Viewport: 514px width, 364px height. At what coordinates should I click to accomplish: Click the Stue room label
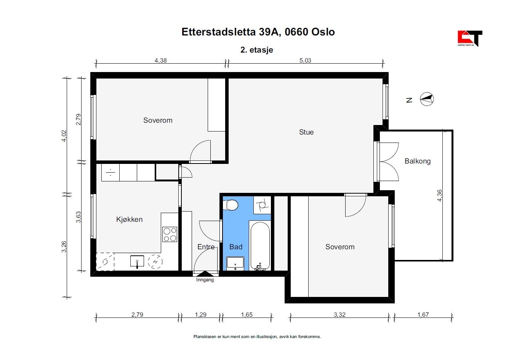pyautogui.click(x=306, y=132)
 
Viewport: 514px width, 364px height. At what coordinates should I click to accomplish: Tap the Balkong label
pyautogui.click(x=417, y=161)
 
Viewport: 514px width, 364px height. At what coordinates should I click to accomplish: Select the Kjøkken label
pyautogui.click(x=129, y=219)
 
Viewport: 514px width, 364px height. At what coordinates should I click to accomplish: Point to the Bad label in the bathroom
pyautogui.click(x=236, y=247)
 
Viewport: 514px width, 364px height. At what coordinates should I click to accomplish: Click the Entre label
pyautogui.click(x=206, y=247)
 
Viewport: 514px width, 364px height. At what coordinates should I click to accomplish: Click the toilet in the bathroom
pyautogui.click(x=231, y=205)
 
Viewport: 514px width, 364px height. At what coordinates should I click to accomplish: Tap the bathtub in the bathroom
pyautogui.click(x=260, y=245)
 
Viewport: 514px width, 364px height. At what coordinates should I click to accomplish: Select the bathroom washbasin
pyautogui.click(x=235, y=263)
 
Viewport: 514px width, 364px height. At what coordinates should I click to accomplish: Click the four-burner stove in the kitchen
pyautogui.click(x=170, y=234)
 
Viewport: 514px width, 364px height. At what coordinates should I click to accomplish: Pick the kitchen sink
pyautogui.click(x=137, y=261)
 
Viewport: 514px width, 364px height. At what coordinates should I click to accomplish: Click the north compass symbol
pyautogui.click(x=427, y=99)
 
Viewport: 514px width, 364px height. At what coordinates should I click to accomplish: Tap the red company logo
pyautogui.click(x=470, y=38)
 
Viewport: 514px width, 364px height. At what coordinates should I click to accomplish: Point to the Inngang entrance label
pyautogui.click(x=205, y=280)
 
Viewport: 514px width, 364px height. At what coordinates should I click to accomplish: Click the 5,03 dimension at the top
pyautogui.click(x=305, y=60)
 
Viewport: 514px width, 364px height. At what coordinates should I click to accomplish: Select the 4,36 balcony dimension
pyautogui.click(x=439, y=196)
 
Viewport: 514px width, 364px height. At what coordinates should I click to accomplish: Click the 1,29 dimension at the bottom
pyautogui.click(x=200, y=314)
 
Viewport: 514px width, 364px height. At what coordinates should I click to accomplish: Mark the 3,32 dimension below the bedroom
pyautogui.click(x=339, y=314)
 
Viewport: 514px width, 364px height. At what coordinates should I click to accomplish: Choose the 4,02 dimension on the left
pyautogui.click(x=64, y=136)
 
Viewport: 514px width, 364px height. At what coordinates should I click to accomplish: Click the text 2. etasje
pyautogui.click(x=257, y=50)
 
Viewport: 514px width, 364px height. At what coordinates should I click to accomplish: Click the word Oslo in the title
pyautogui.click(x=323, y=32)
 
